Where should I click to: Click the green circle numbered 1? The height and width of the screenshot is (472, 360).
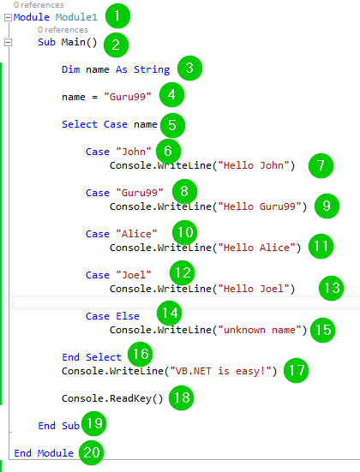117,16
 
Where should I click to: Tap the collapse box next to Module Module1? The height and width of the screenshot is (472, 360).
8,18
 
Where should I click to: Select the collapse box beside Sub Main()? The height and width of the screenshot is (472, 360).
8,43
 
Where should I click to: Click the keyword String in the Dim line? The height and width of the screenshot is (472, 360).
152,70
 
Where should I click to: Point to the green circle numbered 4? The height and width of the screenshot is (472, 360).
171,95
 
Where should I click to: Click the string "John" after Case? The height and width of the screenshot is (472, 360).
134,152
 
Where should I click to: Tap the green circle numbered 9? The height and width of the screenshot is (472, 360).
327,206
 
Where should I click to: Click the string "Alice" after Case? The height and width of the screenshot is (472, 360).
136,234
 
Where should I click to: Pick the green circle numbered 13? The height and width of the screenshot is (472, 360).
332,288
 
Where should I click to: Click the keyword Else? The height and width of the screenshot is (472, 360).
128,316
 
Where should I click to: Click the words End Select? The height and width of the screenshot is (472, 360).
92,357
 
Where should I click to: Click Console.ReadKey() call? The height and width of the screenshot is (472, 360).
112,398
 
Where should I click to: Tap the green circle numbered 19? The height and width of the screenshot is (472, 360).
94,423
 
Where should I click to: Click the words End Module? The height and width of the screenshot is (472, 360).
44,453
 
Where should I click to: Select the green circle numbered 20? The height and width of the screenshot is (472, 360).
91,452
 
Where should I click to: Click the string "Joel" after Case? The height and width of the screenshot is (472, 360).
134,275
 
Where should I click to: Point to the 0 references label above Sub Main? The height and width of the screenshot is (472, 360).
63,30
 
